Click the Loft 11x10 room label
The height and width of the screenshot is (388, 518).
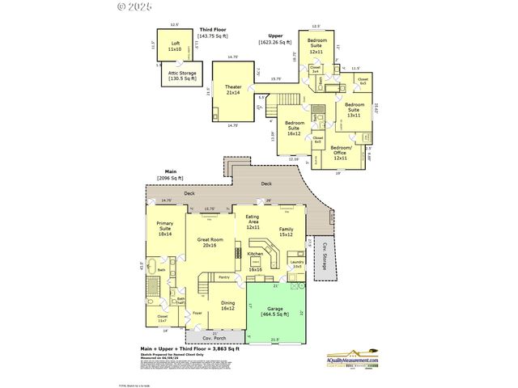175,46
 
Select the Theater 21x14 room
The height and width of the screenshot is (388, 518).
233,90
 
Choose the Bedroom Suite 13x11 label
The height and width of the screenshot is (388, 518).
355,110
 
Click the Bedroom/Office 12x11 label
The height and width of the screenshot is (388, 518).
339,153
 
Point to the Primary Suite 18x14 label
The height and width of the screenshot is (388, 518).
165,230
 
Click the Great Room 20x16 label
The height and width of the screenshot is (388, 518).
210,242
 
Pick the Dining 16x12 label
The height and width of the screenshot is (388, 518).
227,305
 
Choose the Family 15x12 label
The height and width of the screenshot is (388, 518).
286,233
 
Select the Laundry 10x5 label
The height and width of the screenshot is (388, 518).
296,264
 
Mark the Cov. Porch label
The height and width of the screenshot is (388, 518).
214,338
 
